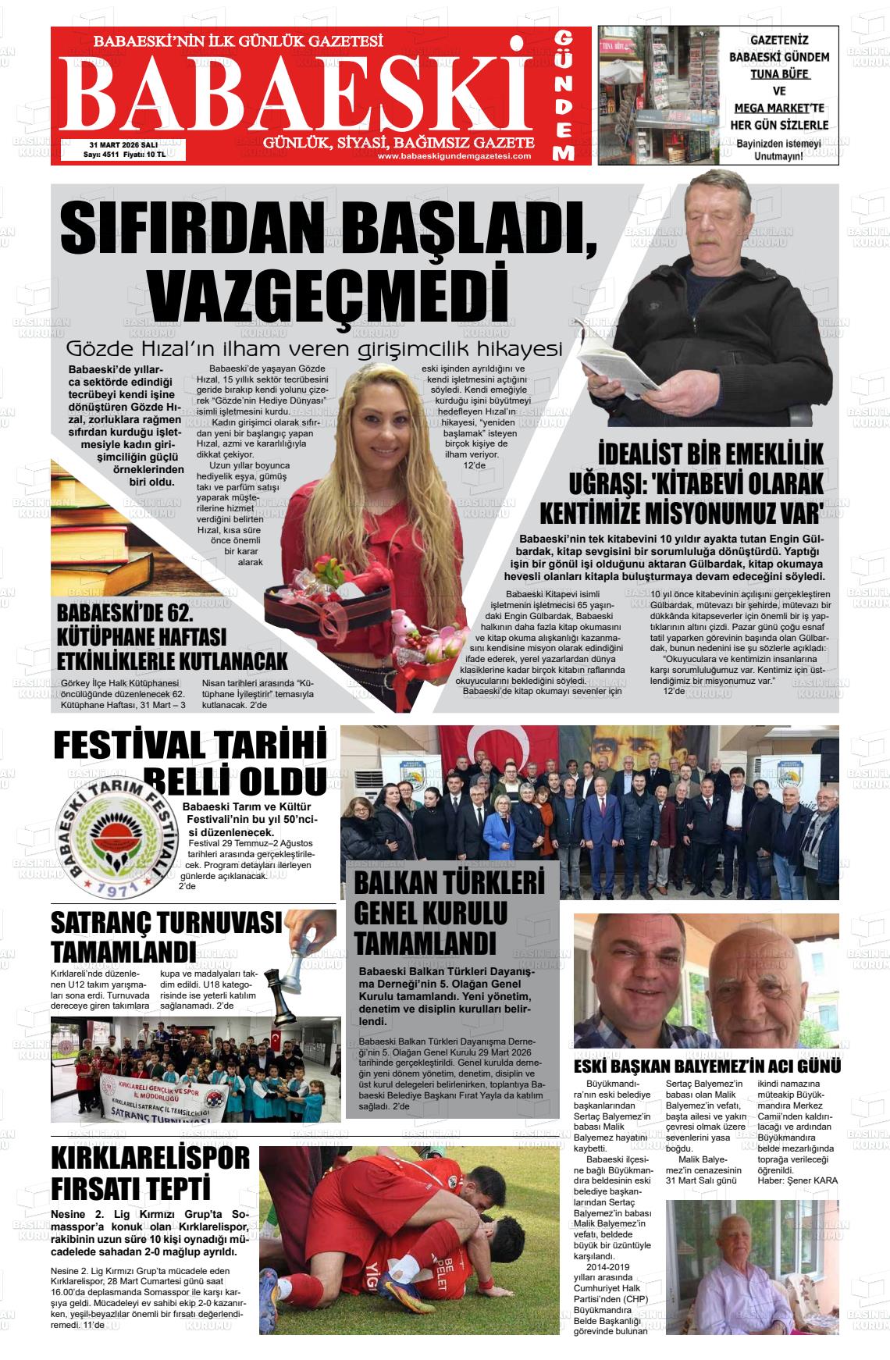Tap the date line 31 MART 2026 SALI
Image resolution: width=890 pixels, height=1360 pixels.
124,145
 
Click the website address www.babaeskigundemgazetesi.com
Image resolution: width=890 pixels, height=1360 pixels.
454,156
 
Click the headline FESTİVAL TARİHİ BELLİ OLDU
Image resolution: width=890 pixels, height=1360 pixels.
190,762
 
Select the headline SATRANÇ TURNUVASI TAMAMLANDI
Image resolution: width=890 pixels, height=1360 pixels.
166,936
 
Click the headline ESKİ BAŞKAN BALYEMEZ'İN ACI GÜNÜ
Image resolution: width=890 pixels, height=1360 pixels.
707,1066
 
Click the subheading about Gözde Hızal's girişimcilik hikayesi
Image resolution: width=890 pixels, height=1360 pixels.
314,348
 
